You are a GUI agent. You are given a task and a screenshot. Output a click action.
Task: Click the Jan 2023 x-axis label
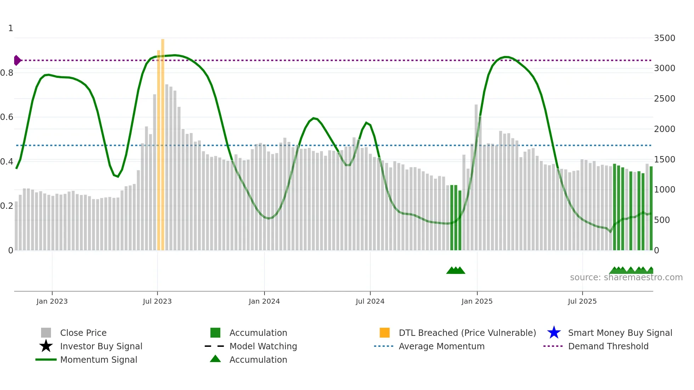tap(52, 302)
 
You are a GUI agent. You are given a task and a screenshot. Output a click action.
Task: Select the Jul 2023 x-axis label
tap(157, 302)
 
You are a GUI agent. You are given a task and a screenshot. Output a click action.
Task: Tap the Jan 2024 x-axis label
tap(264, 302)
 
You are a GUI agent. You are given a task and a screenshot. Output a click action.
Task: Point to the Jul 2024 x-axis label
tap(370, 302)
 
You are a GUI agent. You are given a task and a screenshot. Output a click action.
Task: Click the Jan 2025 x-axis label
tap(477, 302)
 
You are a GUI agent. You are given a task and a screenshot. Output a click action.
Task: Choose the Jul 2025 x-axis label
tap(582, 302)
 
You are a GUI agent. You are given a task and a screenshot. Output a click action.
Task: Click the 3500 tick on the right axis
tap(665, 38)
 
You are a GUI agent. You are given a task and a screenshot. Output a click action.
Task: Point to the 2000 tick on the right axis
tap(665, 129)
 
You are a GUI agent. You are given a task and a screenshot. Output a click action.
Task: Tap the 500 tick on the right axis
tap(662, 220)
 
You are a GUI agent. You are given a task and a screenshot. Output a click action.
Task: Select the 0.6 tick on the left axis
tap(7, 117)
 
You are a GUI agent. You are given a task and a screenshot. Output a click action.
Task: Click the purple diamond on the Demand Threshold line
tap(17, 61)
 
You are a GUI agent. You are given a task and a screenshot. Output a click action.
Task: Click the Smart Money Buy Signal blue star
tap(554, 333)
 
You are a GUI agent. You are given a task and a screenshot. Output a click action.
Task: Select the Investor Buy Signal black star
tap(46, 346)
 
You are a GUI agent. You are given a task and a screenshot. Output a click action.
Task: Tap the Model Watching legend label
tap(263, 346)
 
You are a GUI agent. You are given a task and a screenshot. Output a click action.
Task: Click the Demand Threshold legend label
tap(608, 346)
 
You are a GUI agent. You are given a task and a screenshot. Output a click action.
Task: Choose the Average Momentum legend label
tap(442, 346)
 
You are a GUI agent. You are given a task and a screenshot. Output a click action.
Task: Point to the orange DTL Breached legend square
tap(385, 333)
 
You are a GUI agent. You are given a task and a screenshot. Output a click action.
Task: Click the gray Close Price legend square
tap(46, 333)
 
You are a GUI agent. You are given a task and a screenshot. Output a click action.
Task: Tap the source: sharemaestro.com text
tap(626, 277)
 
